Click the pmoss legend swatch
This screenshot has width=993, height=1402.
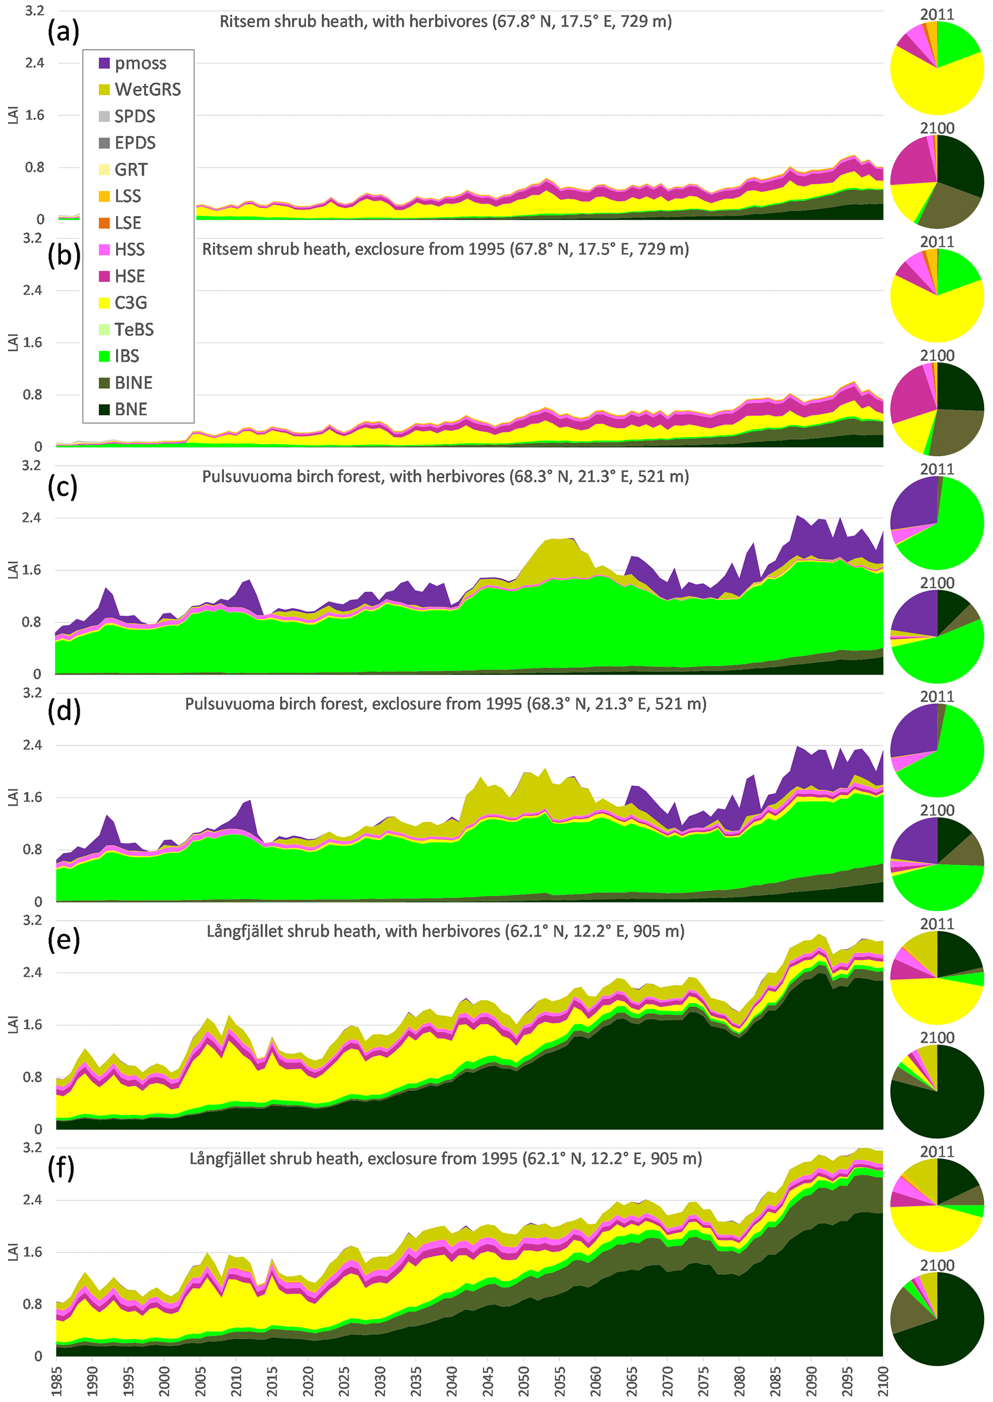(x=104, y=63)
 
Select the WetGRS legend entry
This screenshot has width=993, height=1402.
(x=147, y=90)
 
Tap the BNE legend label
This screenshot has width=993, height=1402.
(x=131, y=410)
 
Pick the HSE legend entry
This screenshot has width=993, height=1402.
(x=130, y=276)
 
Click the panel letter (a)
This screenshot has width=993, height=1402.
(x=63, y=31)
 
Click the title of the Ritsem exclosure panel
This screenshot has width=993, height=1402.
(x=445, y=249)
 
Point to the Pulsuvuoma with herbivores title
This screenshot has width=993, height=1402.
(x=445, y=477)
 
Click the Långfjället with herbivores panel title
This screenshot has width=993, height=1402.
(x=445, y=931)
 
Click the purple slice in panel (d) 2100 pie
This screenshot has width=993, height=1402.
(x=914, y=840)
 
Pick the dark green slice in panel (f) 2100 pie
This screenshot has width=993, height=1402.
(x=948, y=1326)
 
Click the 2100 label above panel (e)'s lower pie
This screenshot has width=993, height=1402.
(x=937, y=1038)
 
